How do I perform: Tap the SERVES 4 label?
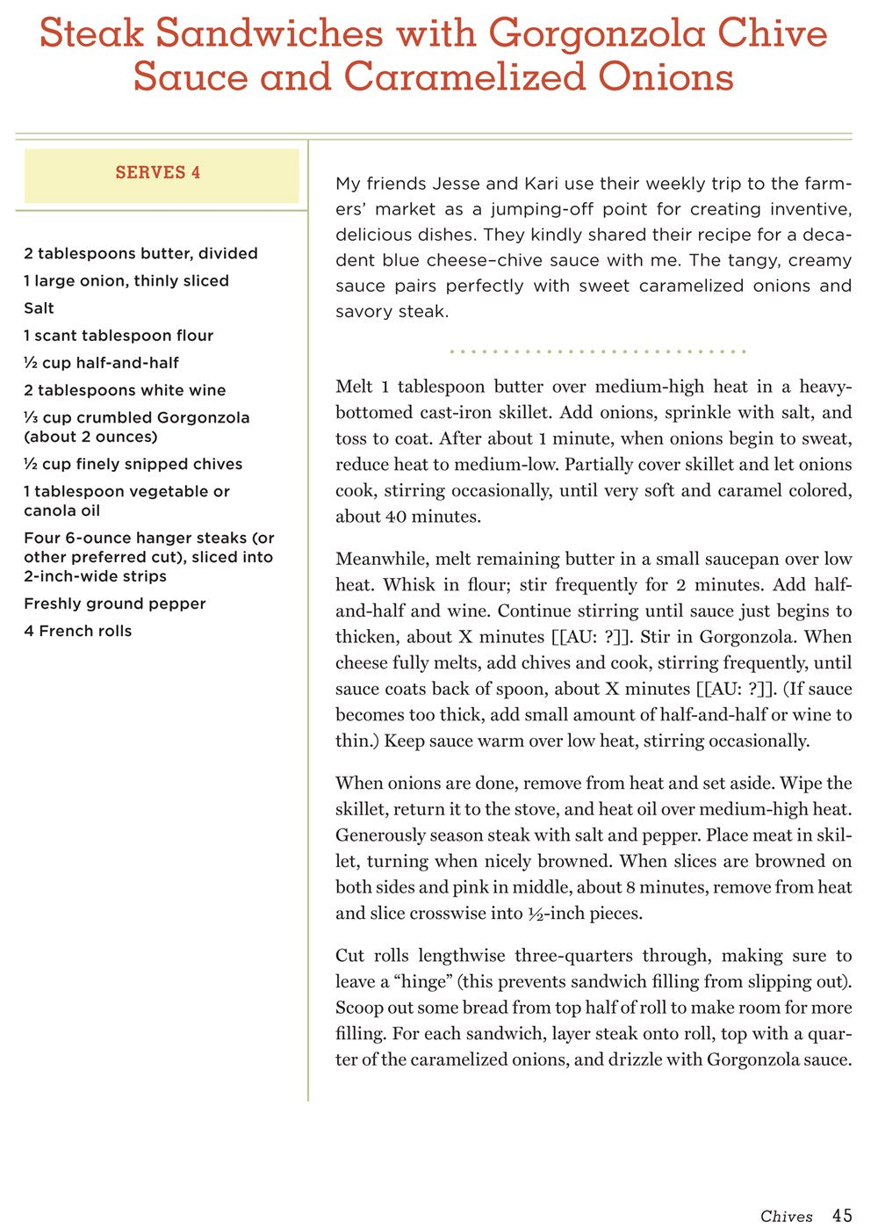158,172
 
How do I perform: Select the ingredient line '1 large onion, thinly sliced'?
126,281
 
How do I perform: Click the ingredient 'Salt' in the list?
39,308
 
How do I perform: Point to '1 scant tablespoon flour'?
119,336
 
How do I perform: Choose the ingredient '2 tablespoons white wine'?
125,390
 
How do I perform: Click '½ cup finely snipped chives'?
133,464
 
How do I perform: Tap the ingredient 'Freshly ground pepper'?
115,604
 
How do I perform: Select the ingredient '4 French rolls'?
78,631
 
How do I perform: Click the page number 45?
842,1215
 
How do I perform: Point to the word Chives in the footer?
787,1216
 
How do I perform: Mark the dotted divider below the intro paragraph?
597,351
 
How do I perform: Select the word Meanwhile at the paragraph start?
379,559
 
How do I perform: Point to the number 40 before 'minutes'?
396,517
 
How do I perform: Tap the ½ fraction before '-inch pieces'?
536,914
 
